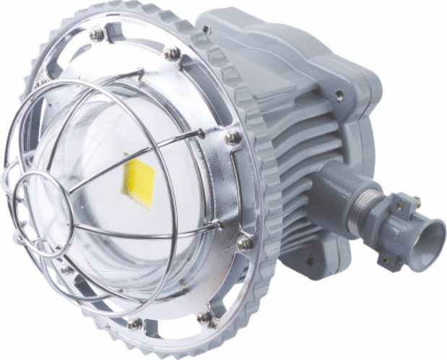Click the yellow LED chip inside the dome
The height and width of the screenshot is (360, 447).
[x=139, y=181]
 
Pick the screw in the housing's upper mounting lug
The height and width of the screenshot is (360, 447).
[x=339, y=93]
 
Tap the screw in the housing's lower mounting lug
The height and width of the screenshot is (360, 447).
[x=311, y=260]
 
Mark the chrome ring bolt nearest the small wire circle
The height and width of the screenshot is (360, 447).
[x=66, y=270]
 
